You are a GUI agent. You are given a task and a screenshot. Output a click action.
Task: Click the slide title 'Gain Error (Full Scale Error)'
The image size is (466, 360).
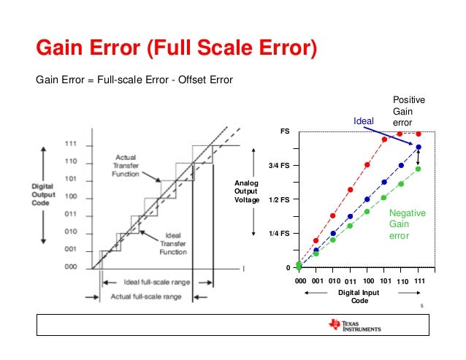[177, 50]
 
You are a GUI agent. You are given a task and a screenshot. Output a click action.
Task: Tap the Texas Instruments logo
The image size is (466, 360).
[354, 326]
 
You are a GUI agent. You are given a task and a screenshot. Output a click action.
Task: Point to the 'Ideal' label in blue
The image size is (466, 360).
[363, 120]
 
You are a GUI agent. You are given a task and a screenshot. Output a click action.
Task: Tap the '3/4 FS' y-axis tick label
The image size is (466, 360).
[279, 166]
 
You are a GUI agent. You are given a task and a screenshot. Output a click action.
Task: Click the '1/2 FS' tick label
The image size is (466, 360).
[279, 199]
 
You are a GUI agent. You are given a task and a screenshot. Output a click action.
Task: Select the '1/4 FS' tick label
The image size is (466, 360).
[279, 233]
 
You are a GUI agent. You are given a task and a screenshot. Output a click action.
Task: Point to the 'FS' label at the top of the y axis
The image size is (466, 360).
[286, 131]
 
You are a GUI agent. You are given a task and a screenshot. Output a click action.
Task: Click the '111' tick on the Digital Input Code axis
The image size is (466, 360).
[420, 280]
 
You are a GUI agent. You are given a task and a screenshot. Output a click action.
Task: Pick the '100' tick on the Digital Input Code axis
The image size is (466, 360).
[368, 280]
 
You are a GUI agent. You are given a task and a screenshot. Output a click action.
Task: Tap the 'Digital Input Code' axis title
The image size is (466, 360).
[359, 296]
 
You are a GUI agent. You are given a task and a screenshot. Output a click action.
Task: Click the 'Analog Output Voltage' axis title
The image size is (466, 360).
[246, 191]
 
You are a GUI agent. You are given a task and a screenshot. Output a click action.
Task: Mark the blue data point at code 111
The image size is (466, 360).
[419, 148]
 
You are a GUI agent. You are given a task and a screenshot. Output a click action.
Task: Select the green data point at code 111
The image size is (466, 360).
[419, 169]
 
